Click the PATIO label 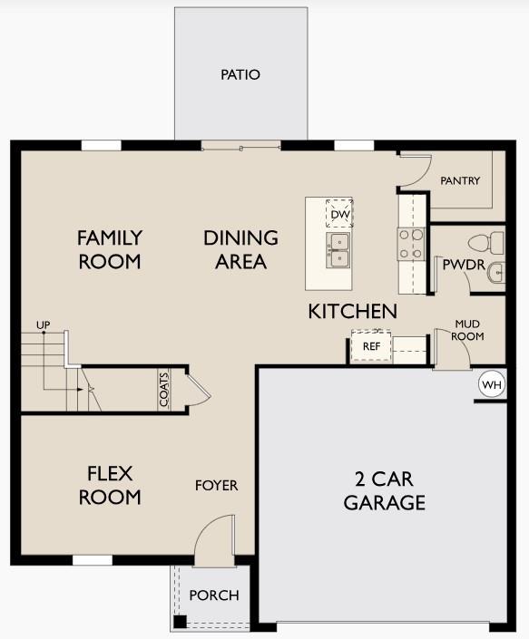(x=240, y=74)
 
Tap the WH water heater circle (x=491, y=385)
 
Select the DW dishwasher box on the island (x=339, y=214)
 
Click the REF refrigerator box (x=371, y=346)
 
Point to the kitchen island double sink (x=339, y=251)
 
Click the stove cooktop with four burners (x=410, y=243)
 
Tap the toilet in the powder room (x=485, y=242)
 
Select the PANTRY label (x=460, y=180)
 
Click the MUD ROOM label (x=469, y=330)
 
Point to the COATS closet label (x=164, y=391)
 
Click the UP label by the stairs (x=43, y=324)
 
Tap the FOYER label (x=217, y=486)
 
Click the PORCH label (x=214, y=595)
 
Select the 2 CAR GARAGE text (x=384, y=491)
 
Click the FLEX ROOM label (x=110, y=485)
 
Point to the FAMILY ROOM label (x=109, y=249)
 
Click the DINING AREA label (x=240, y=249)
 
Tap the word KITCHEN (x=353, y=311)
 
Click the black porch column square (x=181, y=623)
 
